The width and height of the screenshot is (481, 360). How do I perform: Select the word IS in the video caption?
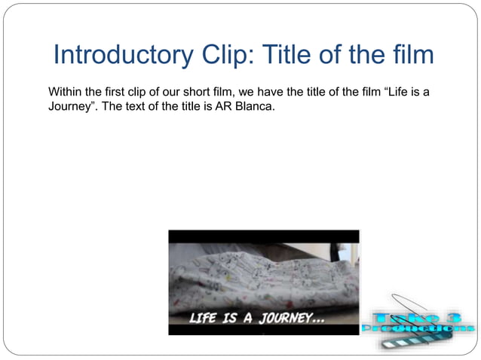click(229, 318)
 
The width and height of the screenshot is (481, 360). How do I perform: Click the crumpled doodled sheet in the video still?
click(256, 275)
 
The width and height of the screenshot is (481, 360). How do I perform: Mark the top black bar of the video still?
click(264, 236)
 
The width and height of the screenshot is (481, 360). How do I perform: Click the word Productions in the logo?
click(418, 328)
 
